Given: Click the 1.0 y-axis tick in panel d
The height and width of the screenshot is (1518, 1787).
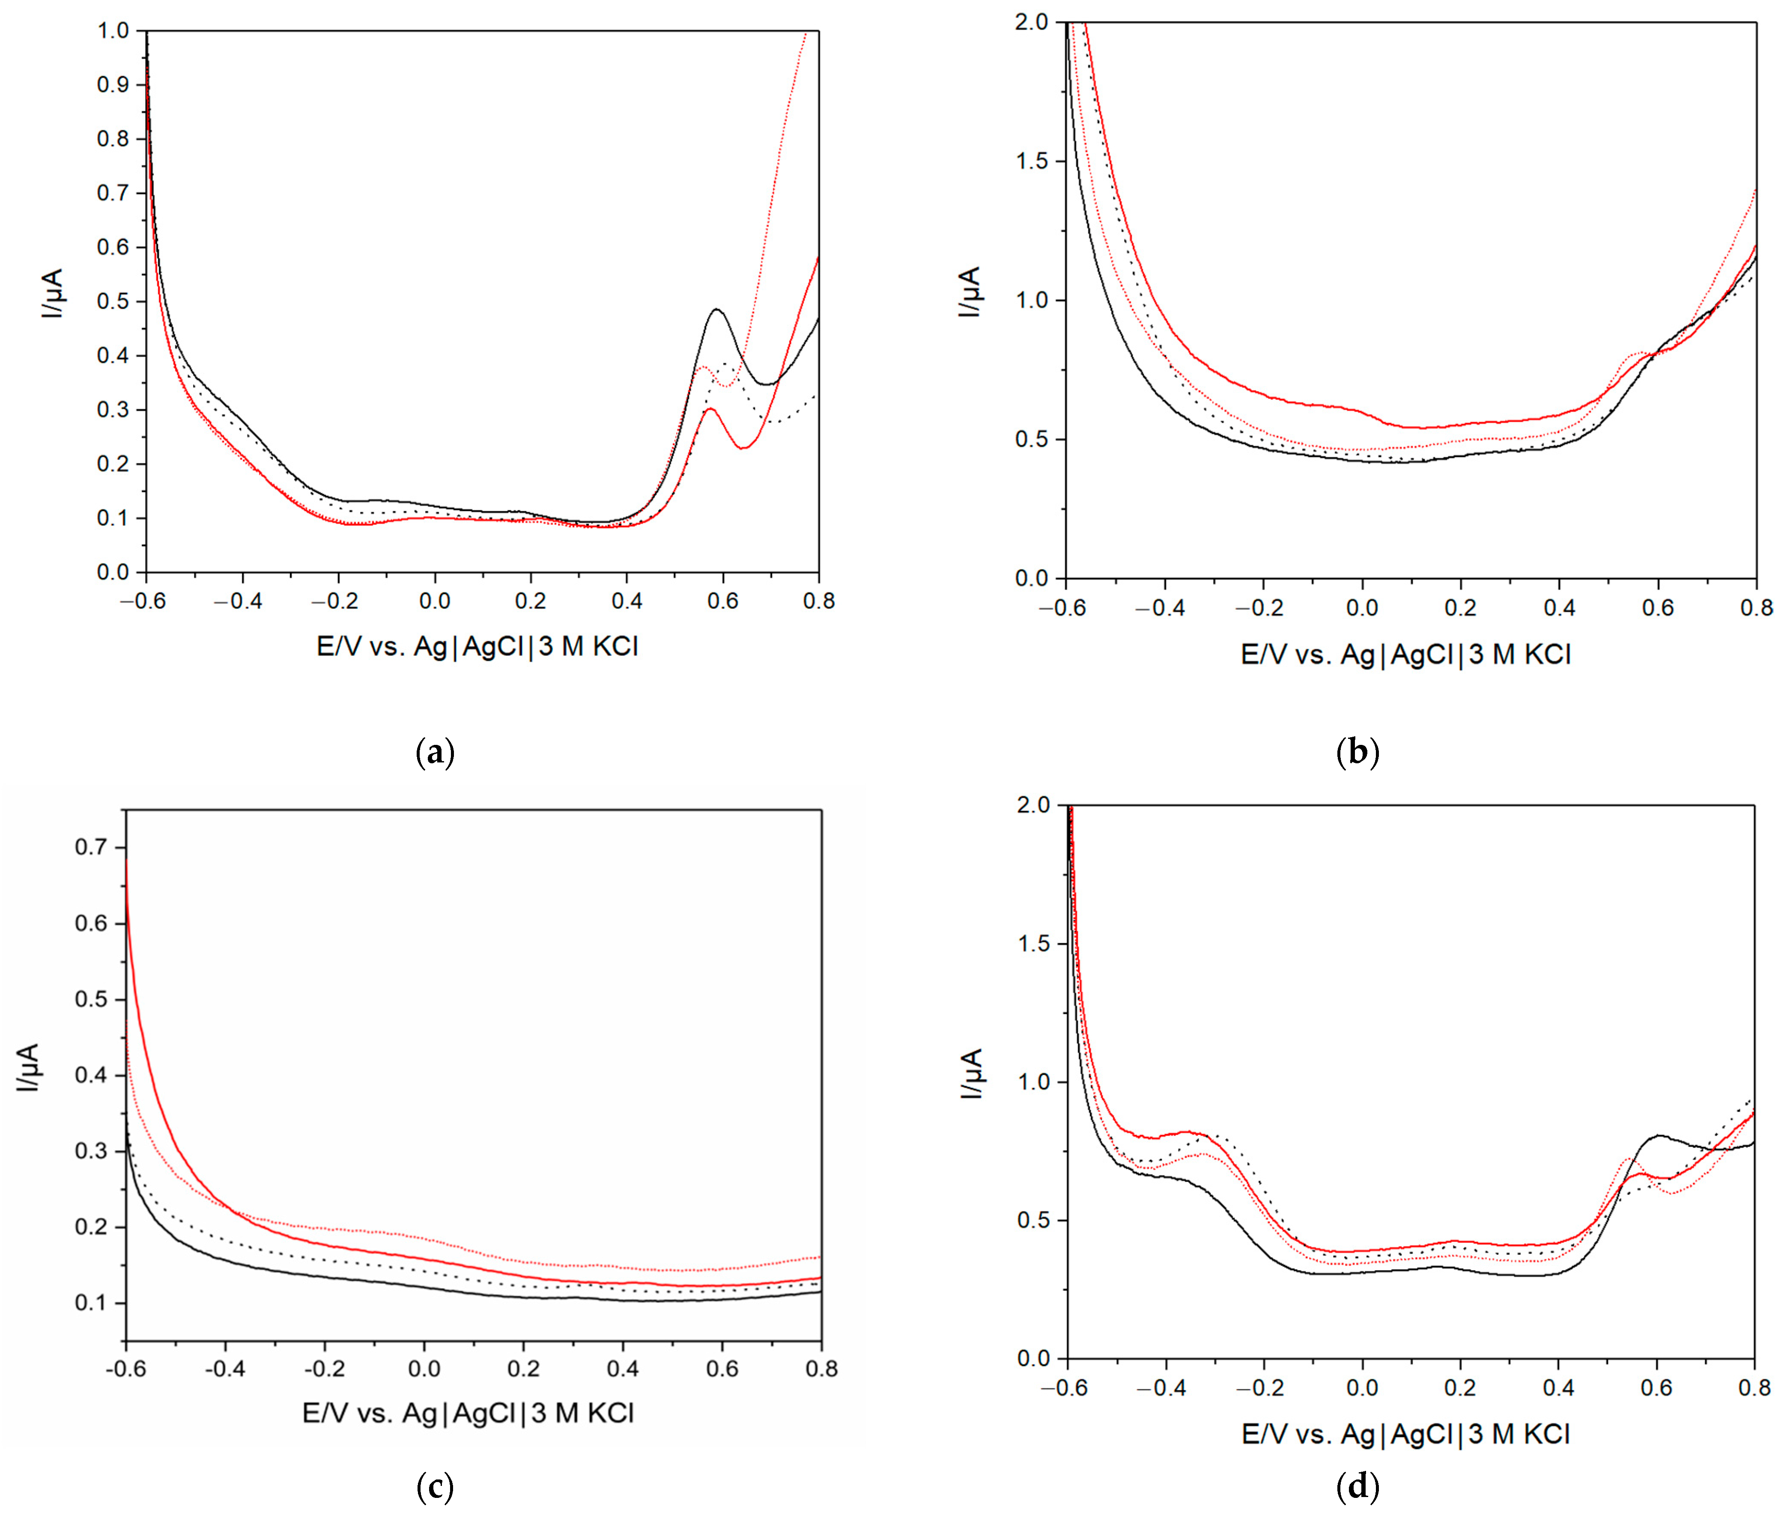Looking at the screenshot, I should tap(1035, 1082).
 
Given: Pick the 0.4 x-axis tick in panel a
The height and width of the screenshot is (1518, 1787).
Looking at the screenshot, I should tap(626, 601).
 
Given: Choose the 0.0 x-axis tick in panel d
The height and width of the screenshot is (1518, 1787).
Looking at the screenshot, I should tap(1362, 1387).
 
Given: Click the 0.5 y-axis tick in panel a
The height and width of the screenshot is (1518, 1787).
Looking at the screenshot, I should tap(113, 301).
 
